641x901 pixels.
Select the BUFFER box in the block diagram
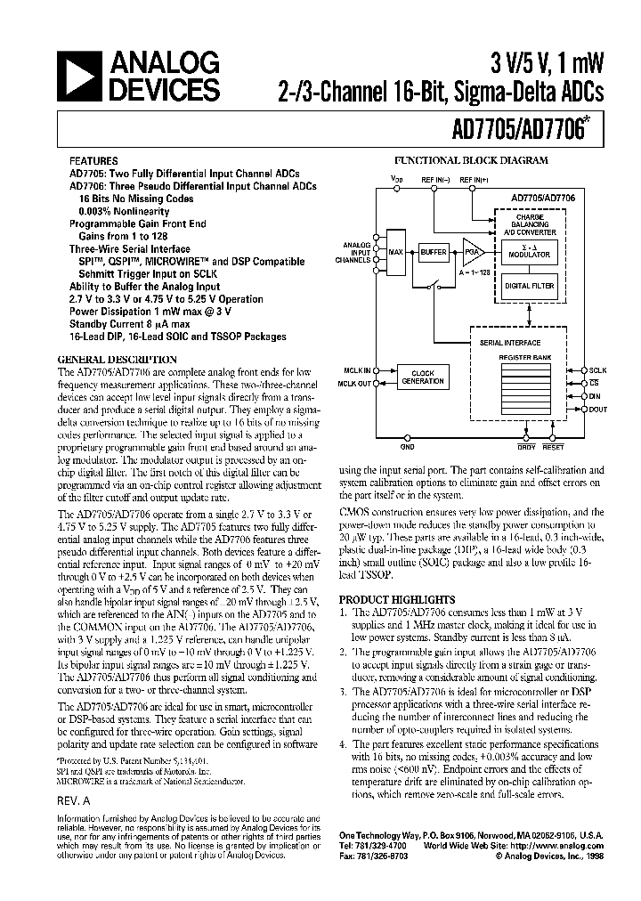coord(434,253)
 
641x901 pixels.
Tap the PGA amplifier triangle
coord(473,253)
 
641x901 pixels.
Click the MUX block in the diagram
coord(396,253)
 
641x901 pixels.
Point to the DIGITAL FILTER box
coord(530,287)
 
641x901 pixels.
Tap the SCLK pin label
coord(598,369)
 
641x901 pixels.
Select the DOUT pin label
coord(598,410)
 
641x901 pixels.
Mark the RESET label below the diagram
coord(553,447)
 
